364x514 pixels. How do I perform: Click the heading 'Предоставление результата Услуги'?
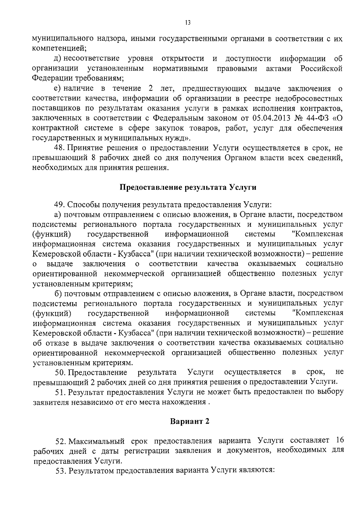(188, 187)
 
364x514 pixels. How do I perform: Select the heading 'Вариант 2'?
(190, 421)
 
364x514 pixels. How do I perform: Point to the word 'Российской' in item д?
(322, 68)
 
